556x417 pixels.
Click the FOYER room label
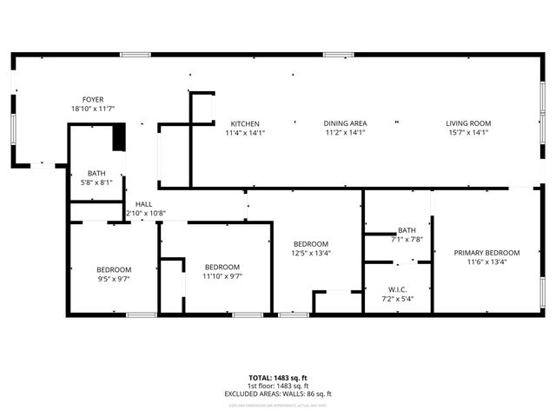(x=93, y=100)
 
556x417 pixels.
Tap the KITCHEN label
(x=245, y=123)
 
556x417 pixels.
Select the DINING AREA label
(x=345, y=123)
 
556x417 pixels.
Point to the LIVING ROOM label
(x=468, y=123)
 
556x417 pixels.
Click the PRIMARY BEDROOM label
(x=486, y=253)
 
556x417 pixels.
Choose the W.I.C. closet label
(x=398, y=289)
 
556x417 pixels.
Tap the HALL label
(x=143, y=204)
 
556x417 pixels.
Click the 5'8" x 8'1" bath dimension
(x=96, y=182)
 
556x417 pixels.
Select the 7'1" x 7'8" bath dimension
(x=407, y=239)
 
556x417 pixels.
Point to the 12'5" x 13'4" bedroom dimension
(x=310, y=253)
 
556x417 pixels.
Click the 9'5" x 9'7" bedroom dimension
(x=114, y=279)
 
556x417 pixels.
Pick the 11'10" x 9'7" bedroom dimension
(x=222, y=276)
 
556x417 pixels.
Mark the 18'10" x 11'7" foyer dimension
(x=93, y=109)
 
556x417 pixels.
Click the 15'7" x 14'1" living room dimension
(x=468, y=133)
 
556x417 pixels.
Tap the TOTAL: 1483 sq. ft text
(x=278, y=378)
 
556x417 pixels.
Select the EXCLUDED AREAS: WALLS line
(x=278, y=394)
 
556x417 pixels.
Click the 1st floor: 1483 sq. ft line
(x=278, y=386)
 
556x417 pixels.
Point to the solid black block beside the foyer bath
(x=120, y=138)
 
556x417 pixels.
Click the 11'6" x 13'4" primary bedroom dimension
(x=486, y=261)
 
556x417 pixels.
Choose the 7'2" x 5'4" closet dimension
(x=398, y=299)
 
